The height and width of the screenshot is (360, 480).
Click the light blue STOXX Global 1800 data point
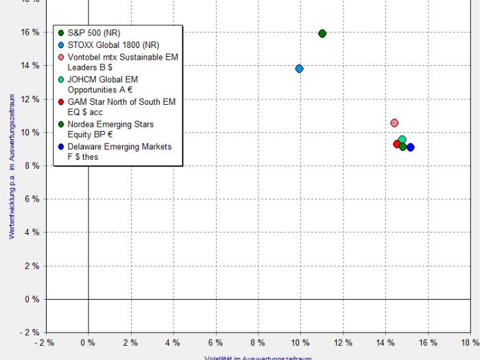pyautogui.click(x=299, y=69)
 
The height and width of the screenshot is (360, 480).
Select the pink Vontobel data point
pyautogui.click(x=394, y=123)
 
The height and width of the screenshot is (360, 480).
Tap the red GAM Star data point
pyautogui.click(x=397, y=144)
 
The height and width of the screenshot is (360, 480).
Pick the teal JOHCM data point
pyautogui.click(x=403, y=140)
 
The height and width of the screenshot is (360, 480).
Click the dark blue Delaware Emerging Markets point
pyautogui.click(x=410, y=147)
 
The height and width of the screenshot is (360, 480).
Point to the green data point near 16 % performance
pyautogui.click(x=322, y=34)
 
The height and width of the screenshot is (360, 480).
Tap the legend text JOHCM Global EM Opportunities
pyautogui.click(x=103, y=84)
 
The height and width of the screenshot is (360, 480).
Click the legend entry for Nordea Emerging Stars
pyautogui.click(x=110, y=130)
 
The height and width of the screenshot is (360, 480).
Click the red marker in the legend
pyautogui.click(x=61, y=101)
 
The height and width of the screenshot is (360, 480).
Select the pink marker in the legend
pyautogui.click(x=61, y=57)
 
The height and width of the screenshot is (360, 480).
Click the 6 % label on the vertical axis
pyautogui.click(x=32, y=200)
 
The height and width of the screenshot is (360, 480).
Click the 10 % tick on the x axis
pyautogui.click(x=301, y=342)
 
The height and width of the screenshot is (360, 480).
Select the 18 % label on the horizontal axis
pyautogui.click(x=470, y=342)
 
